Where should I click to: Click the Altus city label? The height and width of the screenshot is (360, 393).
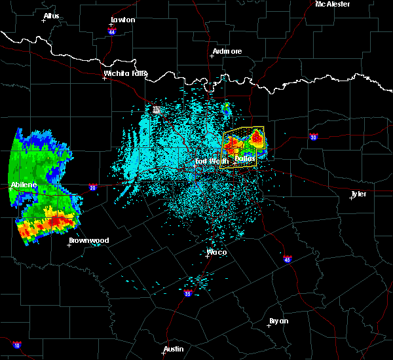pos(51,16)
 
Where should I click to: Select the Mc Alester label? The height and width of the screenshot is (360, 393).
pos(333,4)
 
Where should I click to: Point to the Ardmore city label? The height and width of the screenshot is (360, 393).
pos(227,51)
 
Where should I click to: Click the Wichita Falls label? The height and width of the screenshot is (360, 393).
pos(126,73)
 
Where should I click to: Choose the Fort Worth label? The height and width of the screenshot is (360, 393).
pos(211,160)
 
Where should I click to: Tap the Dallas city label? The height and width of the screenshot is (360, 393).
pos(245,159)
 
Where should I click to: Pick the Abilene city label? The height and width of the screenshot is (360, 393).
pos(23,185)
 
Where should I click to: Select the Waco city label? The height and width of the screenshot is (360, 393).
pos(217,252)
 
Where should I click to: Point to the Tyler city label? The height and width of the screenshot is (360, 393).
pos(359,194)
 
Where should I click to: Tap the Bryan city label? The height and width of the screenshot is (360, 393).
pos(278,321)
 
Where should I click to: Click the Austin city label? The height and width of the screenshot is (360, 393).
pos(174,349)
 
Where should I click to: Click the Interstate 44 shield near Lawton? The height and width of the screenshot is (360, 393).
pos(113,31)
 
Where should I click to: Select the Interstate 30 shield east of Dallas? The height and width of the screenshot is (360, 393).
pos(314,137)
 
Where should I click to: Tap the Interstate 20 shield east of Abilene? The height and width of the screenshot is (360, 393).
pos(92,187)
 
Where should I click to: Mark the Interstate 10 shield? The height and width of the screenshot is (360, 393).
pos(16,345)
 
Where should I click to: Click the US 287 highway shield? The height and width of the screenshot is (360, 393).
pos(157,109)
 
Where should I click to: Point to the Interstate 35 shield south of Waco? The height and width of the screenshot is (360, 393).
pos(187,295)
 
